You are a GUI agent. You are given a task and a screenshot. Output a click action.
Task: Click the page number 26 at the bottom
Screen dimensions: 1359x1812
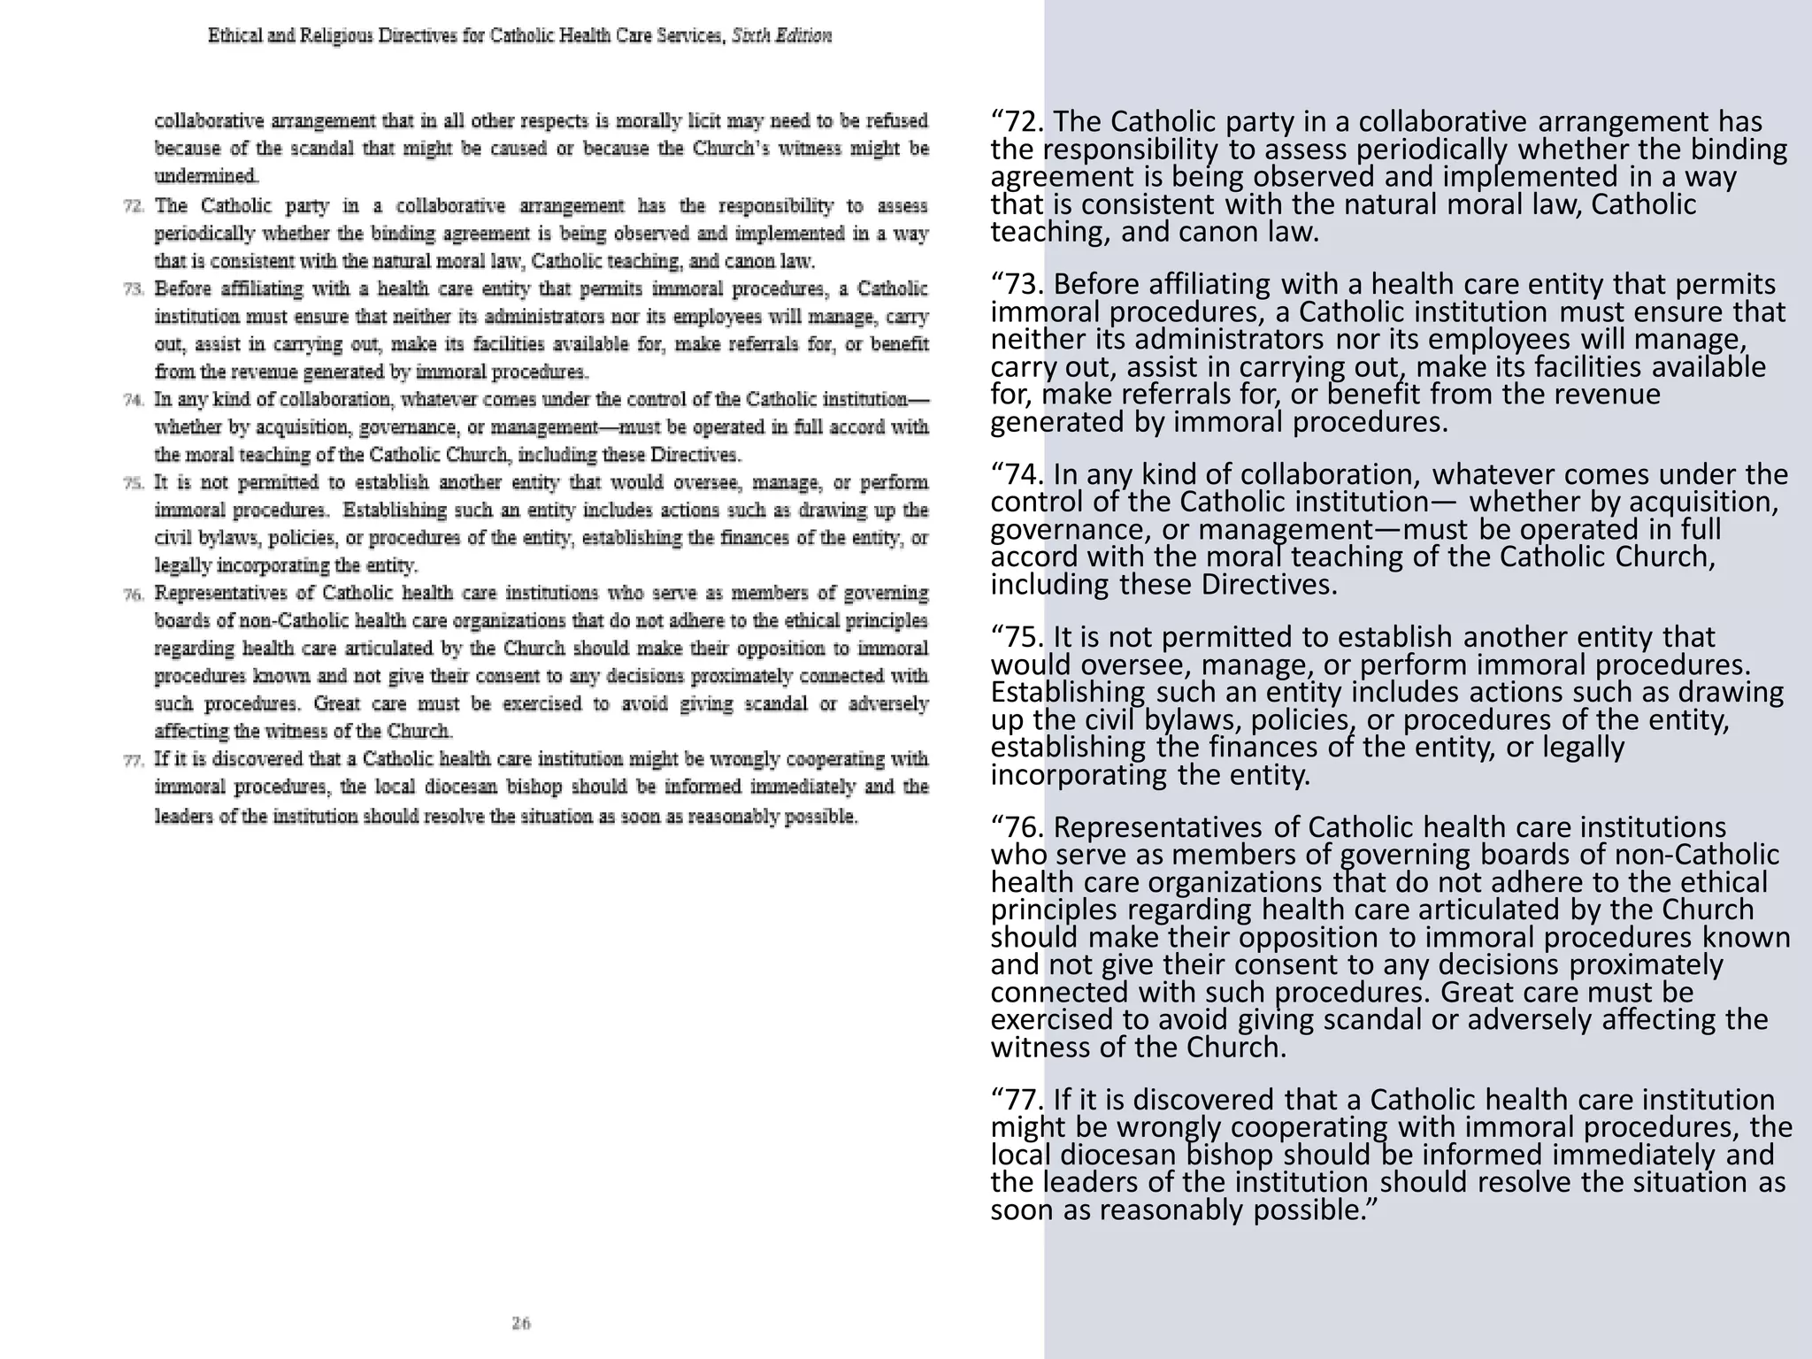(521, 1324)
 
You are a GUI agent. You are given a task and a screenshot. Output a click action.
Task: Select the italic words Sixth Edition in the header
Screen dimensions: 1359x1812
(781, 36)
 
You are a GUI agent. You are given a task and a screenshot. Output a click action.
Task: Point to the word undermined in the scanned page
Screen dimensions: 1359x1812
(206, 175)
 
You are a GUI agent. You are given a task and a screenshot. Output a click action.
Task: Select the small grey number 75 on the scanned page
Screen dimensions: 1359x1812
(134, 483)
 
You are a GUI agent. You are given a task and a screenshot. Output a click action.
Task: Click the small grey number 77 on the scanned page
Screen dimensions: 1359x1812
(134, 760)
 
